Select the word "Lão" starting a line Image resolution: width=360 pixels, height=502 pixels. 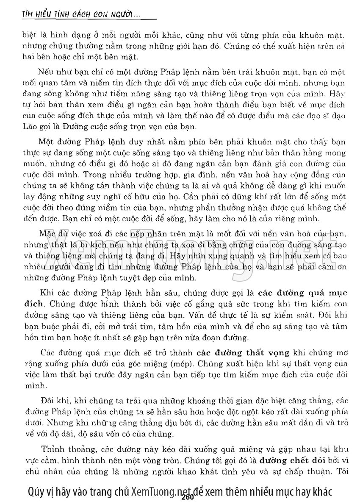29,126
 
